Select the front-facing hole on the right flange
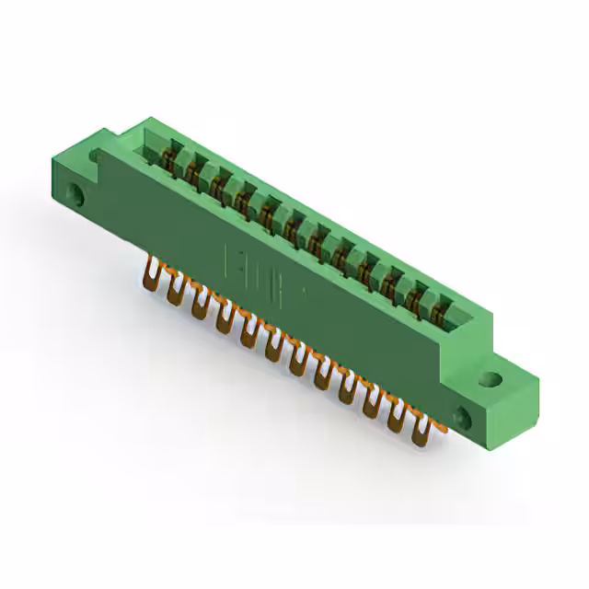point(464,419)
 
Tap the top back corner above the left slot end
point(147,120)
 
